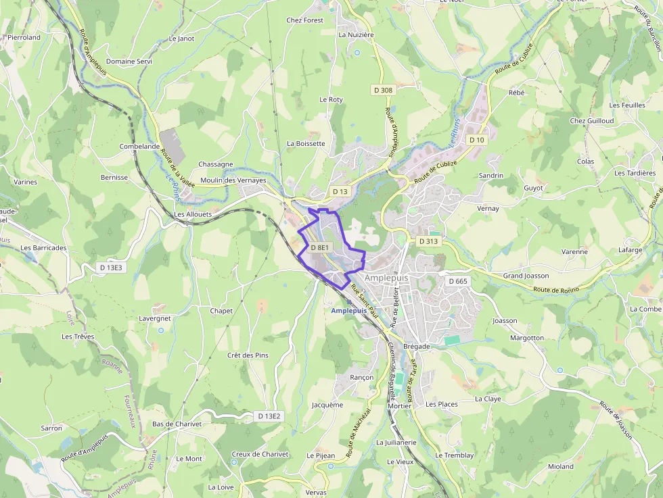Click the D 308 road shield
[x=382, y=90]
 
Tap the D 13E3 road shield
[x=111, y=268]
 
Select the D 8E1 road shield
[x=319, y=248]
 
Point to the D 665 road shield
[x=457, y=280]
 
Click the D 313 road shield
[x=428, y=241]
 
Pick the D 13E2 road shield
[x=269, y=416]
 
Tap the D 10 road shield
[x=477, y=140]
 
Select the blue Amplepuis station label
[x=349, y=310]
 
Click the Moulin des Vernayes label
[x=233, y=180]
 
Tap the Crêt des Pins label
[x=248, y=355]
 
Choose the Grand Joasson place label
[x=526, y=276]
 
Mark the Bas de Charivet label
[x=177, y=424]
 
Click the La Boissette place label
[x=306, y=143]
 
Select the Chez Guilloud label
[x=591, y=121]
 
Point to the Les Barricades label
[x=43, y=248]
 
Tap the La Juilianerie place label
[x=396, y=442]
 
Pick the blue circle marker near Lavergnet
[x=161, y=330]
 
